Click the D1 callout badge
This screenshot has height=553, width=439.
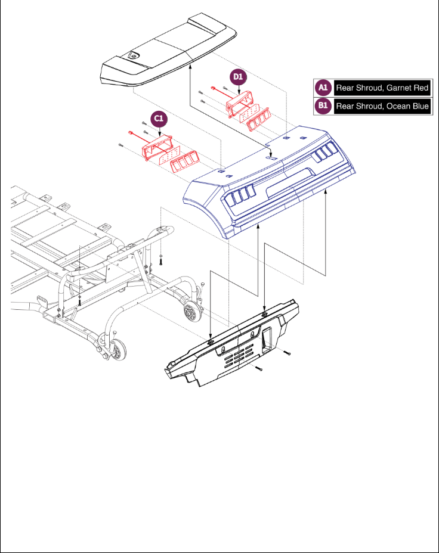coord(238,77)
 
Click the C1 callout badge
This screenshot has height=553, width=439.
coord(159,119)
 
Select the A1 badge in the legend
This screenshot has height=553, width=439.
coord(323,88)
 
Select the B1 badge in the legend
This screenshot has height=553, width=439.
coord(323,107)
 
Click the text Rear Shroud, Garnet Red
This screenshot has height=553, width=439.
coord(382,88)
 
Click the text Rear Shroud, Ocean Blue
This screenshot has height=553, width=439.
coord(382,107)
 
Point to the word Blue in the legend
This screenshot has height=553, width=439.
coord(419,107)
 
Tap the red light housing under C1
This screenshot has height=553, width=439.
coord(157,147)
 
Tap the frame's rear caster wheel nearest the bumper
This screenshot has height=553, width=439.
coord(191,310)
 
